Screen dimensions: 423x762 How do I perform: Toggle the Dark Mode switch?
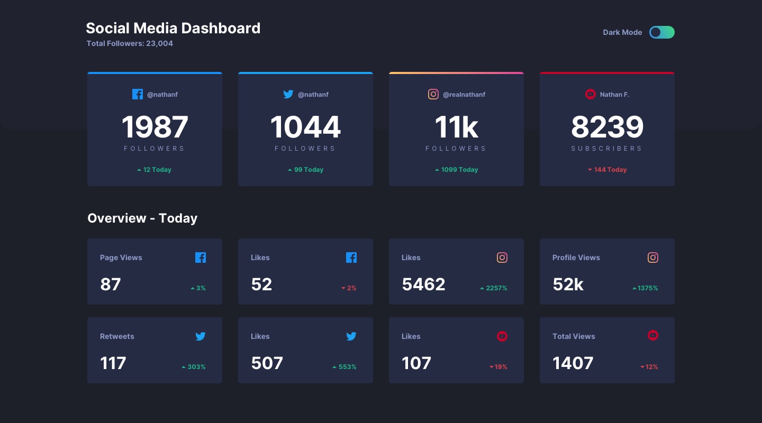click(661, 32)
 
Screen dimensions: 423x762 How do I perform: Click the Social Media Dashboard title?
click(173, 28)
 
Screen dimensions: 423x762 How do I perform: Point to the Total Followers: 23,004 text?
click(130, 43)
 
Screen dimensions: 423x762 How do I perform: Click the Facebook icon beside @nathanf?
click(138, 94)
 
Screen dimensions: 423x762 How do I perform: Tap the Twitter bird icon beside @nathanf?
click(288, 94)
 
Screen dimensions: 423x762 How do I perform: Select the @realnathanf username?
click(464, 95)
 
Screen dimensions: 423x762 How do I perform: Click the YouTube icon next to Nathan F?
click(590, 94)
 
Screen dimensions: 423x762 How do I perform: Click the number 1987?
click(155, 127)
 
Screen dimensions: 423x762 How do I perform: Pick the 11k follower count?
click(456, 127)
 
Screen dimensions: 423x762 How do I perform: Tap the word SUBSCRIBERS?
click(606, 149)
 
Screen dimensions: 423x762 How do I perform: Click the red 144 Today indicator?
click(607, 170)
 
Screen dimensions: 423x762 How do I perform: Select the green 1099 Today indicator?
click(456, 170)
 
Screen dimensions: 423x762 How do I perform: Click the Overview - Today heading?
click(142, 218)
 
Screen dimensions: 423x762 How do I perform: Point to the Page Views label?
click(121, 258)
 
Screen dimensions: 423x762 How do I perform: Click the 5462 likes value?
click(423, 284)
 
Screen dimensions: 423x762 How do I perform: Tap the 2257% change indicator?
click(493, 288)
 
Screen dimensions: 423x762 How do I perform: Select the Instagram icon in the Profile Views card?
click(653, 258)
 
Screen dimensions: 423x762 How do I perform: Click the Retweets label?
click(117, 336)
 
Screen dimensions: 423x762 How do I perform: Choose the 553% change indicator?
click(344, 367)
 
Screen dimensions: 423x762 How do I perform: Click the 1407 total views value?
click(573, 363)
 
